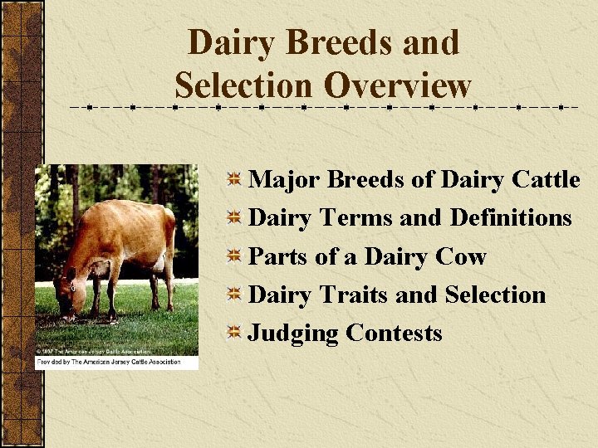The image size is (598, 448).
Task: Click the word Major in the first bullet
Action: pos(285,179)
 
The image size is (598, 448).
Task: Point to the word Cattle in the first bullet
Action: pos(547,179)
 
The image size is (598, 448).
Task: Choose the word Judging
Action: pos(294,334)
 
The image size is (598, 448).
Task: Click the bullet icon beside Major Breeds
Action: pos(235,179)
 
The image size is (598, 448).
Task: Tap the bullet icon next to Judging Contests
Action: pos(235,334)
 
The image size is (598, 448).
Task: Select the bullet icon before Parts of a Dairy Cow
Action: pos(235,256)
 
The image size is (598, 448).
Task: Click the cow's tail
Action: pos(172,249)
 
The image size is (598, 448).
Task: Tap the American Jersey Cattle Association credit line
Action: pos(116,363)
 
